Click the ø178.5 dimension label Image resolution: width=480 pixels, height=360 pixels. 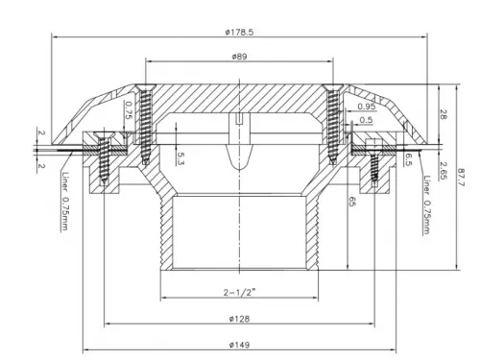(x=239, y=32)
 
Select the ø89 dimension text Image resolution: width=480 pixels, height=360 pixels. (x=239, y=57)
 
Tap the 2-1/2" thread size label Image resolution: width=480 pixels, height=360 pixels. (x=239, y=292)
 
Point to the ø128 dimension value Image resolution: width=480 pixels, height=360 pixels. (x=239, y=319)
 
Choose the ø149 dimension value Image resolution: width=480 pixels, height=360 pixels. (x=239, y=345)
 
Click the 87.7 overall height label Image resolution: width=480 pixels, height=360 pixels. (x=462, y=178)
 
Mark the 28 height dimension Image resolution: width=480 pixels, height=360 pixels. (x=444, y=114)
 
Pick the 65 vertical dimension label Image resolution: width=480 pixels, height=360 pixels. (x=352, y=202)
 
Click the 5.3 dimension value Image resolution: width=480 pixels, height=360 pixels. (x=180, y=158)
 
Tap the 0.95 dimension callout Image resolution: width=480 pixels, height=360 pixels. (x=367, y=107)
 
